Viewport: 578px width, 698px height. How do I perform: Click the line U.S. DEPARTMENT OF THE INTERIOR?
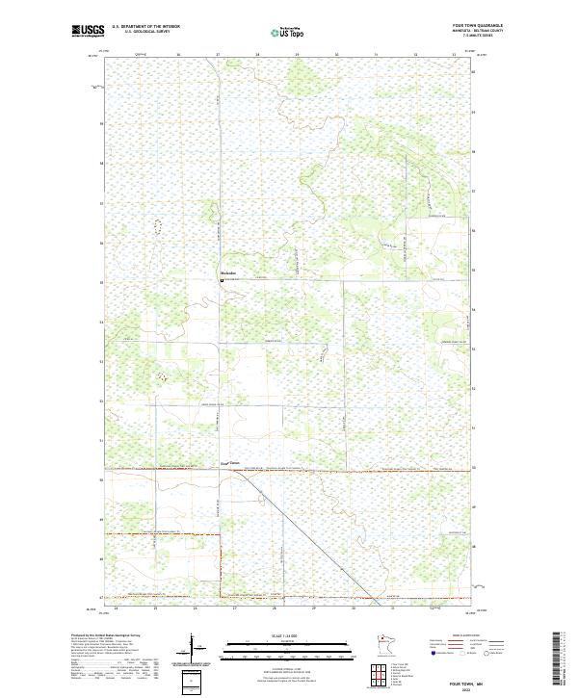click(145, 26)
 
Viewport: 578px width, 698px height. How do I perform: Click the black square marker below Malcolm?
click(223, 281)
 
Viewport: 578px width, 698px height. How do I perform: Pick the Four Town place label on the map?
click(229, 462)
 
